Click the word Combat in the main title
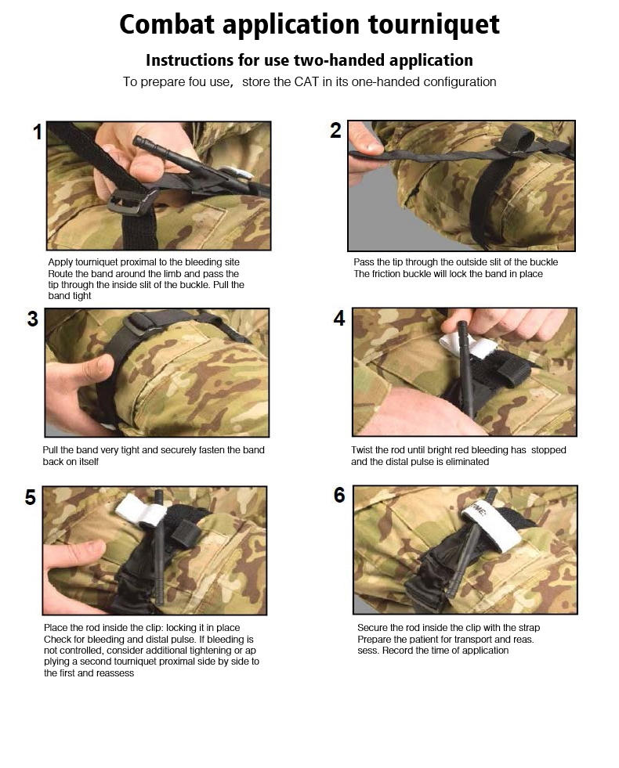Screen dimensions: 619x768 click(167, 24)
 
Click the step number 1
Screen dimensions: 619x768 click(38, 132)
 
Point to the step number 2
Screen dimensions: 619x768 click(335, 130)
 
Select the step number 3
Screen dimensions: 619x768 click(32, 319)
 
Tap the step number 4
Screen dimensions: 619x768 click(339, 319)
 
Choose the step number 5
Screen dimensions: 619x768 click(31, 498)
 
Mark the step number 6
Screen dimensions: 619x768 click(339, 496)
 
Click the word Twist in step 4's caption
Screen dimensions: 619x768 click(362, 450)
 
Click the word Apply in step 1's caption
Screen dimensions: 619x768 click(60, 262)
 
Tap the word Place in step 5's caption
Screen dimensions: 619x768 click(56, 628)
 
